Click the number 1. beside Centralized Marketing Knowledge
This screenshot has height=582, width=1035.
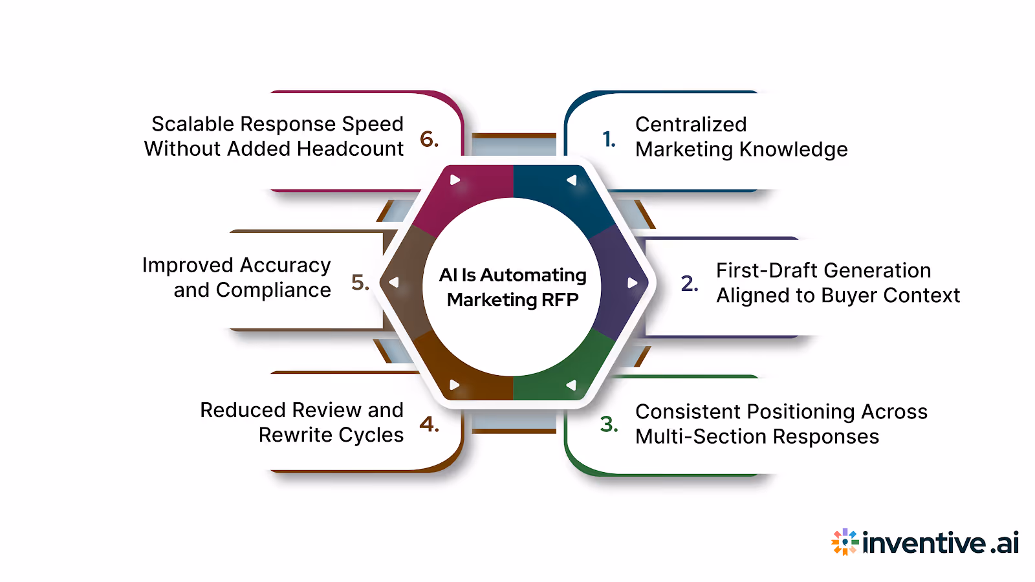coord(609,139)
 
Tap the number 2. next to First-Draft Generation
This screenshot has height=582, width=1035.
coord(690,283)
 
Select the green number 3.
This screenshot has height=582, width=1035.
coord(609,424)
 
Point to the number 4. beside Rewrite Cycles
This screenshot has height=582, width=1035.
coord(429,424)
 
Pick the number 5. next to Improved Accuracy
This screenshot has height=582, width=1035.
coord(360,283)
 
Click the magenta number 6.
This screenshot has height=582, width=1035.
coord(429,139)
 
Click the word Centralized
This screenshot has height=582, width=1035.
coord(691,124)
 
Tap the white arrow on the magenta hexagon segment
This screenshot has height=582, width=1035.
coord(455,180)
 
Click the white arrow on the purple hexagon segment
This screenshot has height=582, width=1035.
coord(632,283)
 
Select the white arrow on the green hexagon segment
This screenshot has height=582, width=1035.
coord(571,385)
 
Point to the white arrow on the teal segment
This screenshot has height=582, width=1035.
coord(571,180)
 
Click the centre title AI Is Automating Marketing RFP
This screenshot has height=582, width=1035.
coord(512,287)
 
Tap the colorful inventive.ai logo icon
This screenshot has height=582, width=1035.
coord(844,542)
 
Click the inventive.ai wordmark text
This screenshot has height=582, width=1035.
coord(941,543)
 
